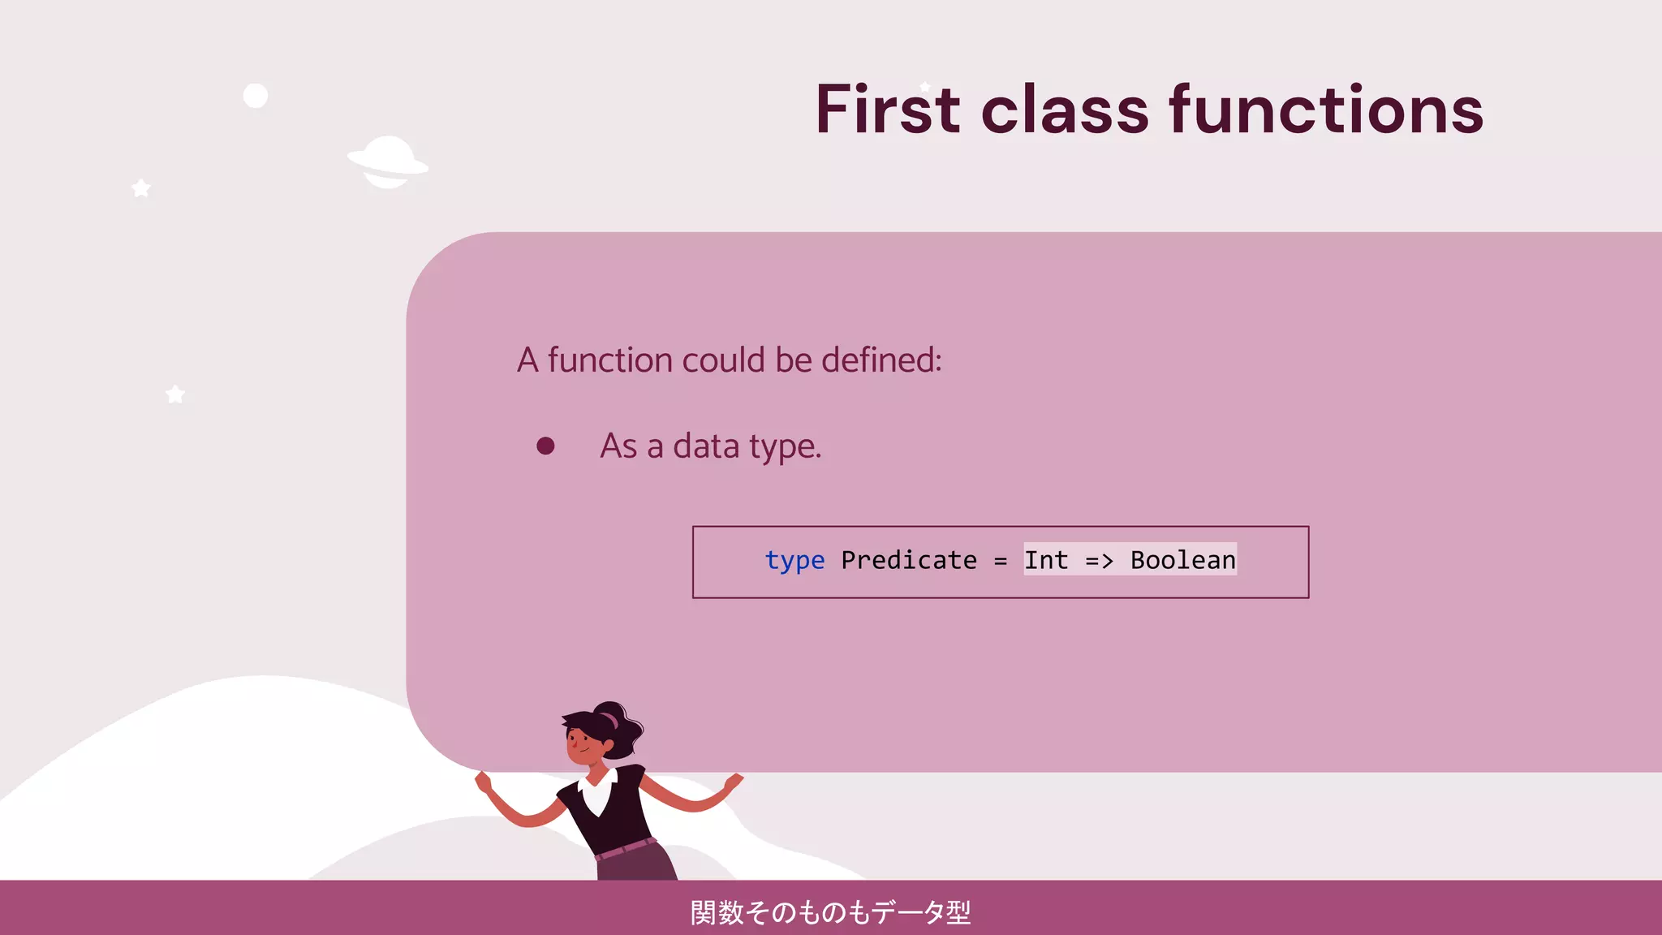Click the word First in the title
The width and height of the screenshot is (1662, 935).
point(888,110)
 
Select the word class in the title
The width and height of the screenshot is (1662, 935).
point(1065,110)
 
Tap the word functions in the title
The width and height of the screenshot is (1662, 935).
point(1326,110)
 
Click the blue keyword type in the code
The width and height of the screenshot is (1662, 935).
point(794,561)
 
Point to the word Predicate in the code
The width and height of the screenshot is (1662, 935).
point(909,560)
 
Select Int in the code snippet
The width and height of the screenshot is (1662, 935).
point(1046,560)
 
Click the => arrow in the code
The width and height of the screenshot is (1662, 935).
point(1100,560)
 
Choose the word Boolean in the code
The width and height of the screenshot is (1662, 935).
point(1183,560)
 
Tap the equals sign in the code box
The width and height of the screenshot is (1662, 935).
point(1001,561)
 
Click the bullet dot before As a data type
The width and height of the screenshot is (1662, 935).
point(545,446)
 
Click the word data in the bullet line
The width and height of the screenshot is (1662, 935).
point(706,446)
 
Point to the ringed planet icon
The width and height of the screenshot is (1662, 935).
point(388,162)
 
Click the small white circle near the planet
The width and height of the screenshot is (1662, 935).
point(256,96)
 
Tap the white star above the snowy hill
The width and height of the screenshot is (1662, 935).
point(175,394)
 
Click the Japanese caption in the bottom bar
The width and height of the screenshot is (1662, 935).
point(830,912)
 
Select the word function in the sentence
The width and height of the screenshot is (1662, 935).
point(609,360)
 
